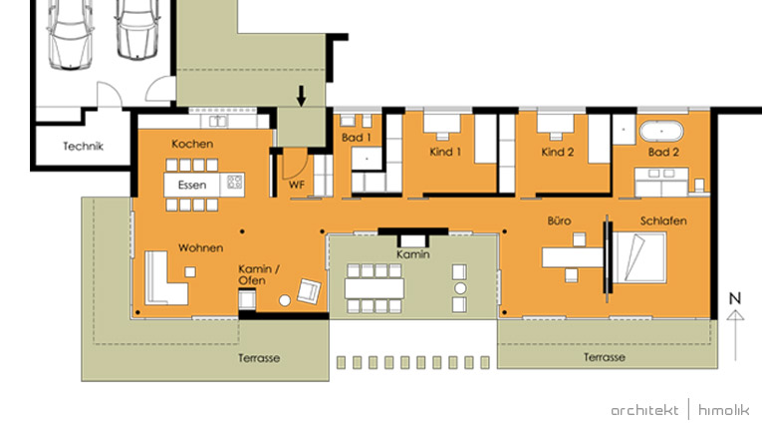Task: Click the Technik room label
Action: (x=83, y=146)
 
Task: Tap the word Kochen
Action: (x=192, y=144)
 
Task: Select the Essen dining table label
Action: (x=192, y=185)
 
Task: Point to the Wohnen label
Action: (x=200, y=247)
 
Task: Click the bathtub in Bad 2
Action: (x=661, y=132)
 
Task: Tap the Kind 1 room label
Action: (x=445, y=152)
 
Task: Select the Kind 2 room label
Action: (x=558, y=152)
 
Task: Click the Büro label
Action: (x=559, y=220)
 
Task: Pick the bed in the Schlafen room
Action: (x=639, y=257)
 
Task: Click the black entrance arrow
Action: (x=301, y=96)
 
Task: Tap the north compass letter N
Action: (x=735, y=298)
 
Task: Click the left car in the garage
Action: (x=71, y=34)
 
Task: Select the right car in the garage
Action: (x=138, y=30)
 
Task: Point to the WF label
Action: (x=297, y=185)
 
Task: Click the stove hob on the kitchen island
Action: (x=235, y=183)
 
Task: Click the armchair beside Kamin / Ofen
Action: (x=309, y=291)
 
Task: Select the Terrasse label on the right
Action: (x=604, y=357)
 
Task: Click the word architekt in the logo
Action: (x=644, y=410)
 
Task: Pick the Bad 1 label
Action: (x=357, y=138)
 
